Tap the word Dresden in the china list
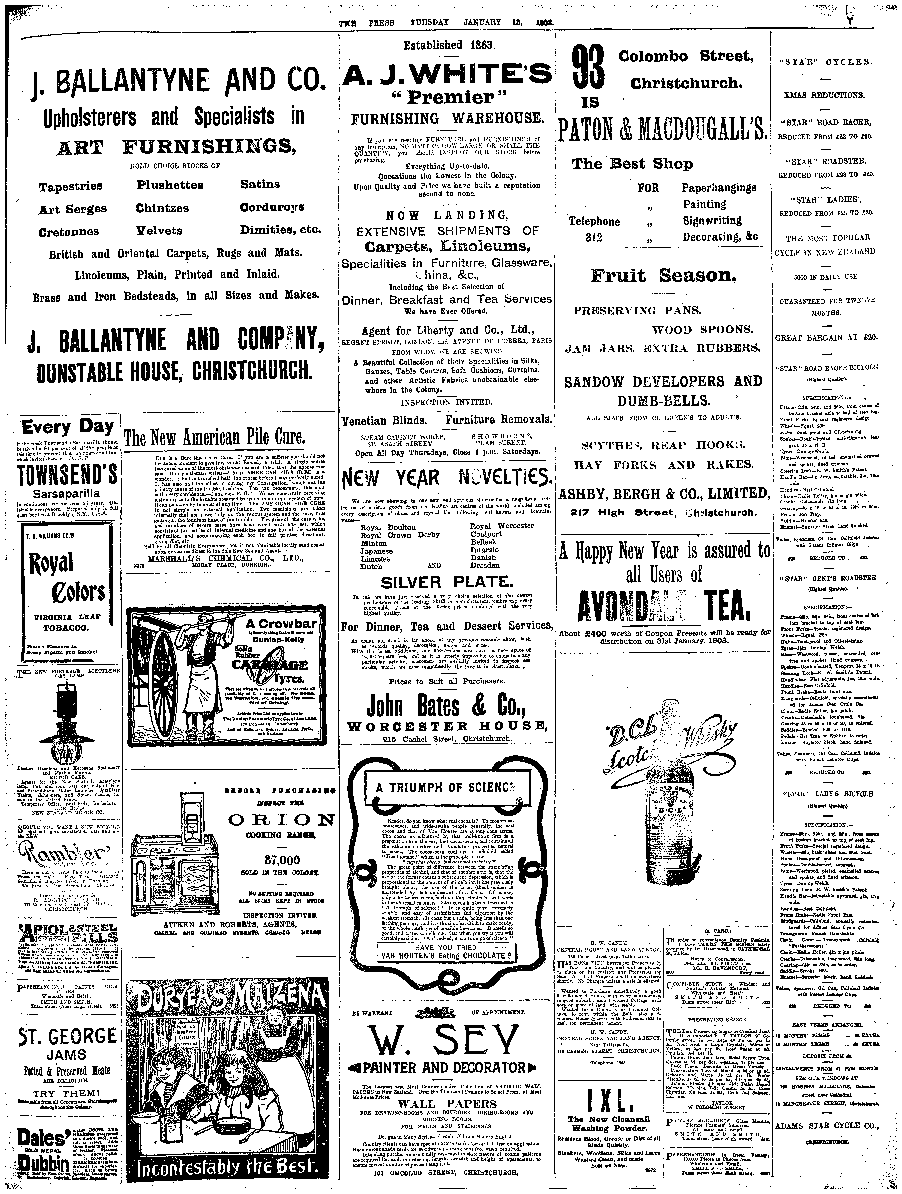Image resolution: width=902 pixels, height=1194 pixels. pos(485,565)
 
